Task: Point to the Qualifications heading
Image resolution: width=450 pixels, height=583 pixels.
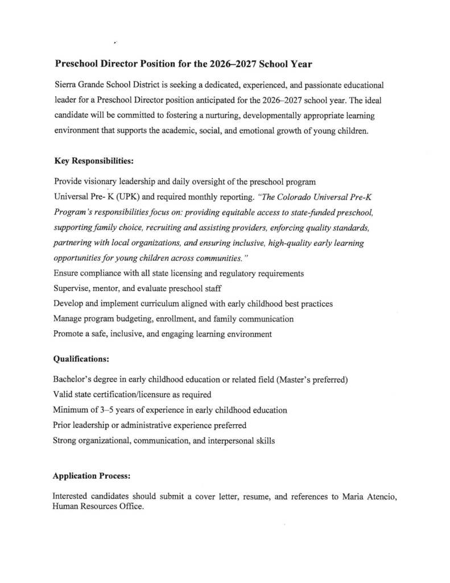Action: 81,359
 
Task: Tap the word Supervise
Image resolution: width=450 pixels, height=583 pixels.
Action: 72,289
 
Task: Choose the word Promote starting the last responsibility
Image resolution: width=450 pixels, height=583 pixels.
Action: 69,334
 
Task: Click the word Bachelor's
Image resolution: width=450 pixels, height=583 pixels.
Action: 74,380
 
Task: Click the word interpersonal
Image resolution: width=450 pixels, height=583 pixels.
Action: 228,441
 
